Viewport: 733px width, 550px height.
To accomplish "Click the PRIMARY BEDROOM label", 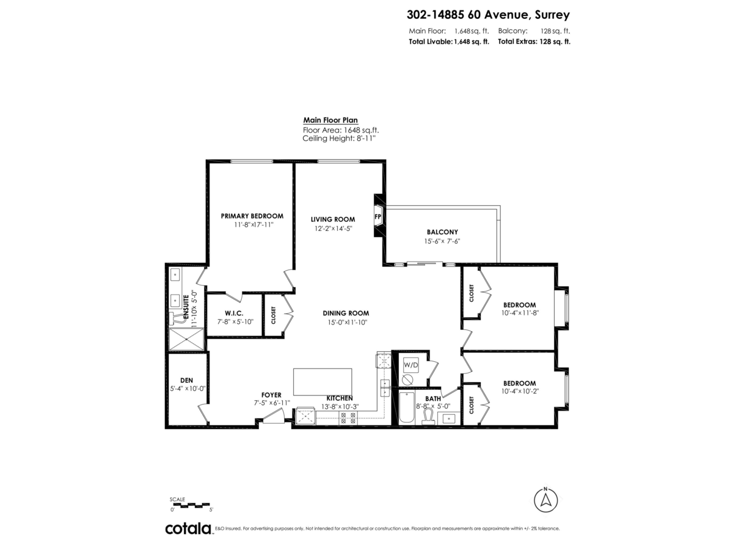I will tap(252, 216).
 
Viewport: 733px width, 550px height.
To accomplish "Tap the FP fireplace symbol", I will tap(378, 218).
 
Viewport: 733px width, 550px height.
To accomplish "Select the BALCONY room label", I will tap(442, 232).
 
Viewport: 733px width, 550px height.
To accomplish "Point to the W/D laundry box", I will tap(410, 365).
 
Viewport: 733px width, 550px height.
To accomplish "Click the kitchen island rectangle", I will tap(324, 382).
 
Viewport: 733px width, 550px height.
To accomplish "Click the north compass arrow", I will tap(545, 500).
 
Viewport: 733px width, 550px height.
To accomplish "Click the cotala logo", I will tap(188, 529).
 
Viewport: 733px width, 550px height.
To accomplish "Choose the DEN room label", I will tap(186, 380).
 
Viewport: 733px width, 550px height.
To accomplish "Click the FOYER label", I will tap(272, 395).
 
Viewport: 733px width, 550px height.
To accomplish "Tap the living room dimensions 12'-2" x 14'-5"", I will tap(332, 229).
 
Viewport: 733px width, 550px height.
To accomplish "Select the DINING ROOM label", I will tap(346, 313).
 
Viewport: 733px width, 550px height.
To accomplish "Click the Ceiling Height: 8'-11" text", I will tap(339, 139).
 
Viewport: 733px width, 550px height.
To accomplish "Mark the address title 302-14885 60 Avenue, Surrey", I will tap(488, 15).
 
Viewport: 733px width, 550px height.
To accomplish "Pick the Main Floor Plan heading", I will tap(330, 120).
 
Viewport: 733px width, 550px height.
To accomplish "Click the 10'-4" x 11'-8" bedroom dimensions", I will tap(519, 313).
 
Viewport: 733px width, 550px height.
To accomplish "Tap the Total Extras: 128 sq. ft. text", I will tap(534, 42).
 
